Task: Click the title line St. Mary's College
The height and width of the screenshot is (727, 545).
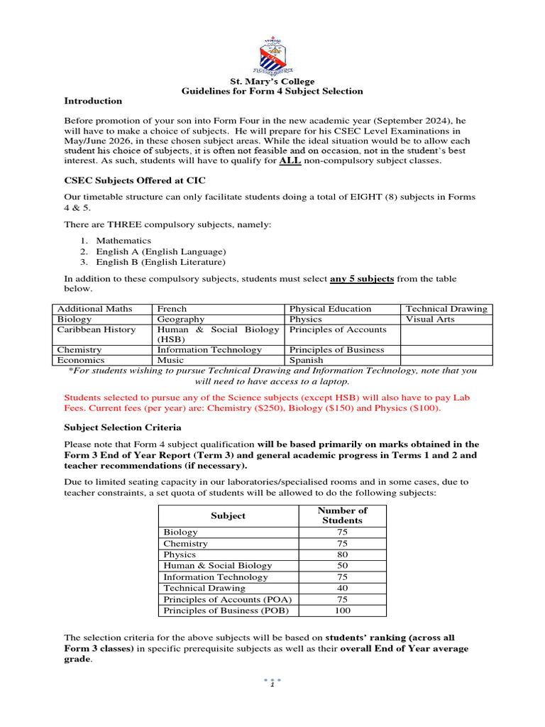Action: tap(272, 82)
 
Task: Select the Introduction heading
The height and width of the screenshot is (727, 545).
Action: tap(93, 101)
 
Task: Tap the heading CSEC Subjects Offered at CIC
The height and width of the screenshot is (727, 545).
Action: tap(135, 180)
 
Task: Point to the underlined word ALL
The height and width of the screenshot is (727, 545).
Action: tap(290, 160)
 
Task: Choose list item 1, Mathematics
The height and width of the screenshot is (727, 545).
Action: tap(123, 241)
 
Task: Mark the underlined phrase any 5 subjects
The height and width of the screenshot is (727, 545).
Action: tap(362, 279)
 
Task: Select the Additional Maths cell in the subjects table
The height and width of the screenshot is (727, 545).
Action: tap(88, 309)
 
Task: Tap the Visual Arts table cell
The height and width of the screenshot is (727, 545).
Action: tap(430, 319)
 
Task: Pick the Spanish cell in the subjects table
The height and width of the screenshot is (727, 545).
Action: tap(306, 360)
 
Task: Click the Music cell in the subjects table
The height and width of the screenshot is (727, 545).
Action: tap(170, 360)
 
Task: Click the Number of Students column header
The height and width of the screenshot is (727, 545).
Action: tap(342, 515)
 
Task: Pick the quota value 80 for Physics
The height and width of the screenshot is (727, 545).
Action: tap(342, 554)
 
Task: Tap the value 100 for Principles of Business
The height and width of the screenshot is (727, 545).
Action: tap(342, 611)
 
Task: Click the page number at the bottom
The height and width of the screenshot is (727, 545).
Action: tap(272, 684)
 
